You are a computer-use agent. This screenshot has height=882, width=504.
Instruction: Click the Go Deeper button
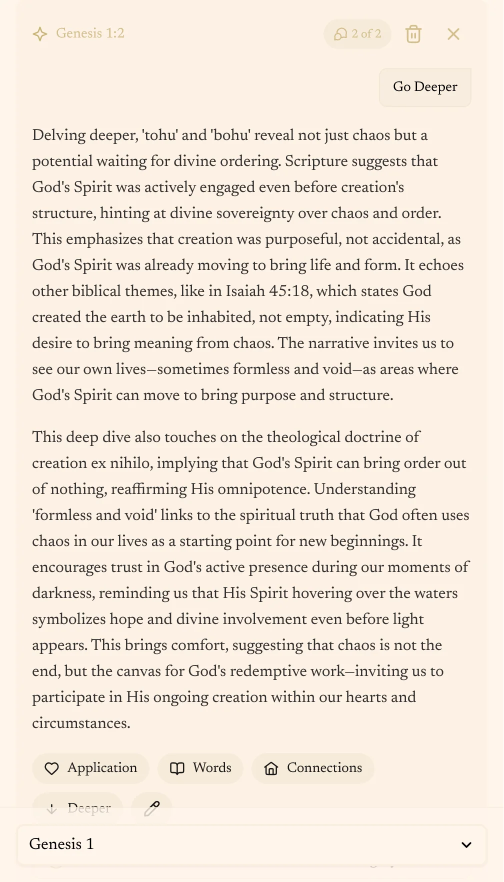425,87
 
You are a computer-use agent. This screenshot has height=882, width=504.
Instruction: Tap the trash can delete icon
413,34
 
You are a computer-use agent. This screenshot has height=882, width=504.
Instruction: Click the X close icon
453,34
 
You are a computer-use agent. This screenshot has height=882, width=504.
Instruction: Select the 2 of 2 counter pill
357,34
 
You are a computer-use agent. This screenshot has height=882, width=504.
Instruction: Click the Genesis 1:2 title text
90,33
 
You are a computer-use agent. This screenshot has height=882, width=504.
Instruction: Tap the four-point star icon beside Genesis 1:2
40,34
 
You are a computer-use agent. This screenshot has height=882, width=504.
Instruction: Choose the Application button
91,768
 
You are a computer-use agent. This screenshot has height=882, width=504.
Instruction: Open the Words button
200,768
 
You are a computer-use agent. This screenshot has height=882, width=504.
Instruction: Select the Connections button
313,768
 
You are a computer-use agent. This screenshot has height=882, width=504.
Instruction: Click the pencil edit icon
152,808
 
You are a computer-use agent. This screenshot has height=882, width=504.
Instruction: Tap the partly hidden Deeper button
78,807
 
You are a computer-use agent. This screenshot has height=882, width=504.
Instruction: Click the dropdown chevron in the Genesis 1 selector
466,845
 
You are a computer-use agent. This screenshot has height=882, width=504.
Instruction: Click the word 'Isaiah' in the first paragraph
245,291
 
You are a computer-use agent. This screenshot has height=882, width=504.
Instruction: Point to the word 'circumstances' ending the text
80,723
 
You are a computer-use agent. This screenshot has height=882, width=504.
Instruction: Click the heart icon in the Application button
51,768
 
